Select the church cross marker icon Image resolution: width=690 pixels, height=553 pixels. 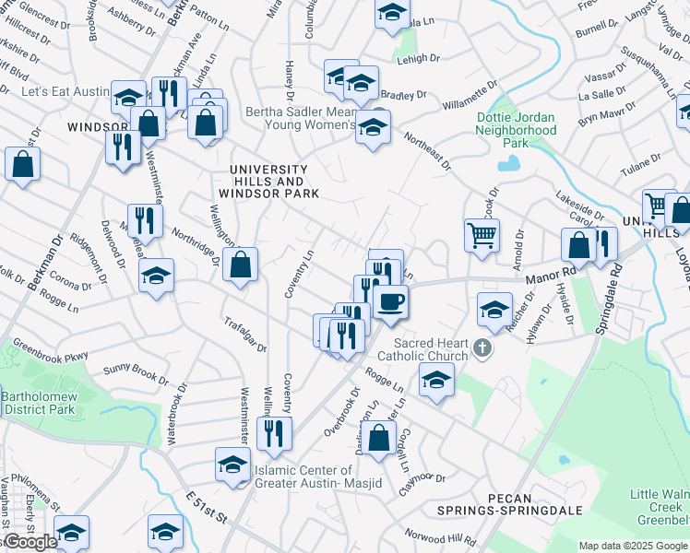[x=482, y=348]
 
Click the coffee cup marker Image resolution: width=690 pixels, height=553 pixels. [x=390, y=300]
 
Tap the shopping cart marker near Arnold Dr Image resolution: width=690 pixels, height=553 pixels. [x=482, y=235]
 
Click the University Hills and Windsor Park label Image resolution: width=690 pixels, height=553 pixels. [x=268, y=182]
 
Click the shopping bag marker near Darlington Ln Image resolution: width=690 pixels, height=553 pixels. [x=379, y=437]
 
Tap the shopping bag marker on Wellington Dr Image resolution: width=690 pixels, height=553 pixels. [x=240, y=265]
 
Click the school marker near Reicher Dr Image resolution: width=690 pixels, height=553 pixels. [x=495, y=310]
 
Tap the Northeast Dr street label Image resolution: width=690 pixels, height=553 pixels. [x=428, y=151]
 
